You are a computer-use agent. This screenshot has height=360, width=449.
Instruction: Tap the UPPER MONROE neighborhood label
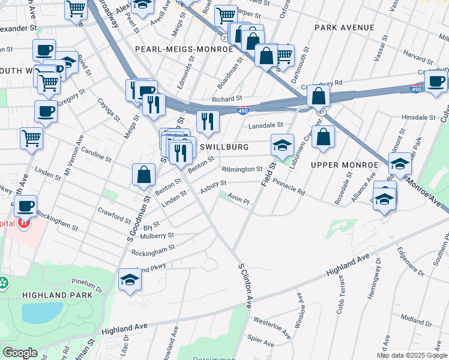coord(345,164)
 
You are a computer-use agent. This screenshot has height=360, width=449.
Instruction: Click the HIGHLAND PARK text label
coord(58,295)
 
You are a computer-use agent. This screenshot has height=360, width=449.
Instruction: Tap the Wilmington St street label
coord(242,170)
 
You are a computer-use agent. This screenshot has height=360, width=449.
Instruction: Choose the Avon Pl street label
coord(238,202)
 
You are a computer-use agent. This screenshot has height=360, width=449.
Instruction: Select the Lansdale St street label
coord(266,125)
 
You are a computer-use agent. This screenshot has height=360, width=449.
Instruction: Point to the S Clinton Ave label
coord(244,286)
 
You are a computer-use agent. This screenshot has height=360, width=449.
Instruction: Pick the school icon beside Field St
coord(282,144)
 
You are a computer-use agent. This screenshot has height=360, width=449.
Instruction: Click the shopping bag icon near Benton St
coord(144,175)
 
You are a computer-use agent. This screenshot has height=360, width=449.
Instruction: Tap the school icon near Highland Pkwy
coord(130,280)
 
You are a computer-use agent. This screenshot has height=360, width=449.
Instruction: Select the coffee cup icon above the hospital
coord(25,206)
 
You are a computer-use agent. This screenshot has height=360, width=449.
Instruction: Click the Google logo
coord(20,353)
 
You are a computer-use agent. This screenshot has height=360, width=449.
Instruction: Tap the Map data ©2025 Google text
coord(411,355)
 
